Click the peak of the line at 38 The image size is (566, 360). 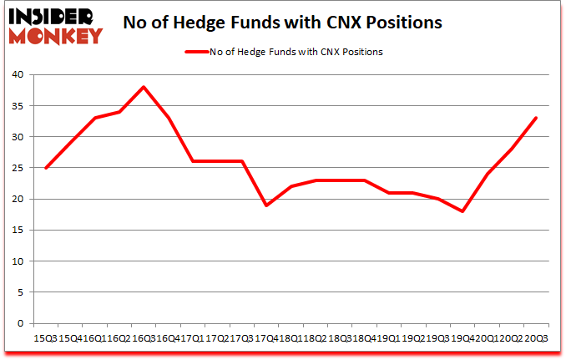click(x=143, y=87)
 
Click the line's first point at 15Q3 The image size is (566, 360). click(x=45, y=168)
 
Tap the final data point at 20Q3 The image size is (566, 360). click(x=536, y=118)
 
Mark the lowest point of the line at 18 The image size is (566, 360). click(x=462, y=211)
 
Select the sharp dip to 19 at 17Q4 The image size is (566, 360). click(x=265, y=205)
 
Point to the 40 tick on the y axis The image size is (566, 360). click(x=17, y=75)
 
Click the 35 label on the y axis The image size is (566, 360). click(x=17, y=106)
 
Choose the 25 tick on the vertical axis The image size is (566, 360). click(x=17, y=168)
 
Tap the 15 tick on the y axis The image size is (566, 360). click(x=17, y=231)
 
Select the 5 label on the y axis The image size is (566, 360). click(x=20, y=292)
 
